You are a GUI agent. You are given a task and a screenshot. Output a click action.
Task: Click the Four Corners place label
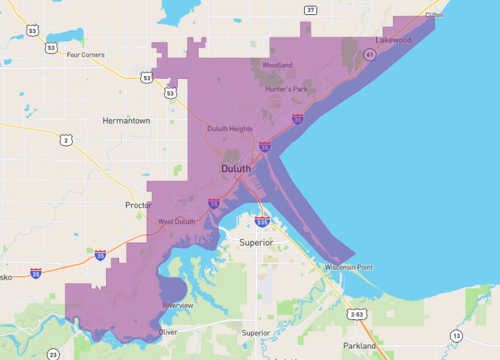pos(85,54)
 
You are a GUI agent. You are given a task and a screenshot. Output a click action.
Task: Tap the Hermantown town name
pos(126,120)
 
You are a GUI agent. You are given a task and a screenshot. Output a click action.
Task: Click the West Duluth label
pos(176,221)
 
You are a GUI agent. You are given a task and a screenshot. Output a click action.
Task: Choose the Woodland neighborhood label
pos(277,65)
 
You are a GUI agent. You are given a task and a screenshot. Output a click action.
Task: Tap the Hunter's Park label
pos(285,90)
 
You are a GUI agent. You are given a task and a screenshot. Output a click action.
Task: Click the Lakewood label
pos(393,40)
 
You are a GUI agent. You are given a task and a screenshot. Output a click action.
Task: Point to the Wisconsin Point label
pos(348,268)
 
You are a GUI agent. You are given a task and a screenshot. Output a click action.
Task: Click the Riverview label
pos(177,304)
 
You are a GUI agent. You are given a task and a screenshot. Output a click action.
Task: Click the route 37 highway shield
pos(311,10)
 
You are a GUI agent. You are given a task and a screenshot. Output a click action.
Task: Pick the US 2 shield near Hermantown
pos(67,140)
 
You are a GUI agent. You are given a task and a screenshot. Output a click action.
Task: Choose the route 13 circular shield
pos(456,335)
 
